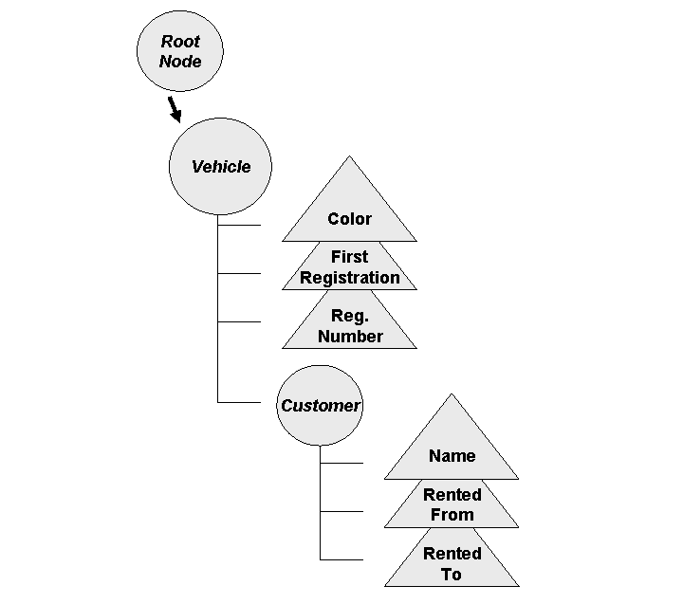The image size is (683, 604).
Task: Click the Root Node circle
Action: (x=180, y=51)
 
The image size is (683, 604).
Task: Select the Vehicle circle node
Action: (x=221, y=167)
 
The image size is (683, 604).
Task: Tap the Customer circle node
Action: (x=321, y=406)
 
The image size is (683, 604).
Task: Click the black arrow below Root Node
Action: (x=175, y=109)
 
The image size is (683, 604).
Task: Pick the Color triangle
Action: (x=349, y=213)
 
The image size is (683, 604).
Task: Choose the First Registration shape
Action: (x=349, y=267)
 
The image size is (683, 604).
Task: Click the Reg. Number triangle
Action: (x=349, y=326)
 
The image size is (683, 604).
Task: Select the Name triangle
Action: (x=452, y=451)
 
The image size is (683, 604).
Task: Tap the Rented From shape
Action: (x=452, y=505)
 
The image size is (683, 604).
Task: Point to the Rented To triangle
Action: (x=452, y=564)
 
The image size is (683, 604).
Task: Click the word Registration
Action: (x=350, y=278)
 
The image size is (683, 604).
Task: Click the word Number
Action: (x=350, y=337)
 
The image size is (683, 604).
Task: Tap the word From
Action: (x=452, y=516)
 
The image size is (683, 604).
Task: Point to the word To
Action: (x=452, y=575)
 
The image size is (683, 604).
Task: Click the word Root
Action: (x=180, y=42)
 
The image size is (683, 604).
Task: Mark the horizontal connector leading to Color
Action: (x=239, y=226)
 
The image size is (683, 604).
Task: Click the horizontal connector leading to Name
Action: (x=341, y=463)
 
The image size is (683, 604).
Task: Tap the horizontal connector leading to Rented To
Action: (x=341, y=558)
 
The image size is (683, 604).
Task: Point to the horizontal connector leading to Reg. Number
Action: (x=239, y=321)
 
